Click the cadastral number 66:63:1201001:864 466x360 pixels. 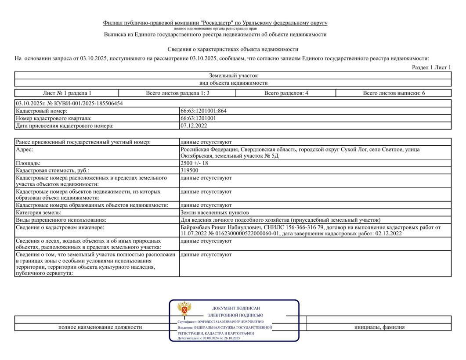pos(203,111)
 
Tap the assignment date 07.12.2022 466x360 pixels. pos(194,126)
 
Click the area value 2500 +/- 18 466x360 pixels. pos(194,163)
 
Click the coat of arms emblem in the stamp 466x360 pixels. pos(184,309)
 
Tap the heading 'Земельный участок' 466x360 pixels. pos(233,76)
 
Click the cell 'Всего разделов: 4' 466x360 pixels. pos(286,93)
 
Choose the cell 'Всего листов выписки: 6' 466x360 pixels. pos(394,93)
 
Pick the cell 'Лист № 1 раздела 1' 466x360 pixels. pos(67,93)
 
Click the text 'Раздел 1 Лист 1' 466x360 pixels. pos(431,67)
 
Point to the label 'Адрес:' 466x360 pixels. pos(25,150)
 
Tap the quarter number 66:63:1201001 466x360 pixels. pos(198,118)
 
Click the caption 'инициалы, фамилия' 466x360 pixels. pos(379,327)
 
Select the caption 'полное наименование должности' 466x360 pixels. pos(100,327)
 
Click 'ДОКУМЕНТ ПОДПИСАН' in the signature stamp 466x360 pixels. pos(236,308)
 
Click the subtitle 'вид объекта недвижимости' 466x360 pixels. pos(233,83)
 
